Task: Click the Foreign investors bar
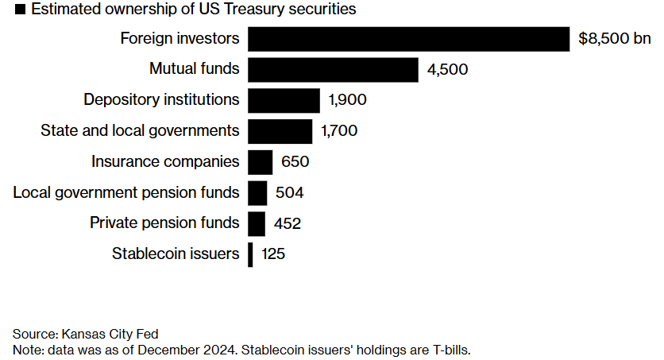[408, 38]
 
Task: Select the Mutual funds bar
[333, 69]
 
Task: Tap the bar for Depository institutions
[284, 100]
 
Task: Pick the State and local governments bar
[280, 131]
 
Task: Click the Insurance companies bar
[261, 162]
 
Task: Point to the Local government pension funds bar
[257, 193]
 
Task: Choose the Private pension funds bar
[257, 223]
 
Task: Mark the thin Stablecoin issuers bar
[250, 254]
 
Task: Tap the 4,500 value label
[448, 69]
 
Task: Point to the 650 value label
[295, 162]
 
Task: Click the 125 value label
[272, 255]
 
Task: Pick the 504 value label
[289, 193]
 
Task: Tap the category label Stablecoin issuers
[176, 254]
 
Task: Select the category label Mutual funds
[195, 69]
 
